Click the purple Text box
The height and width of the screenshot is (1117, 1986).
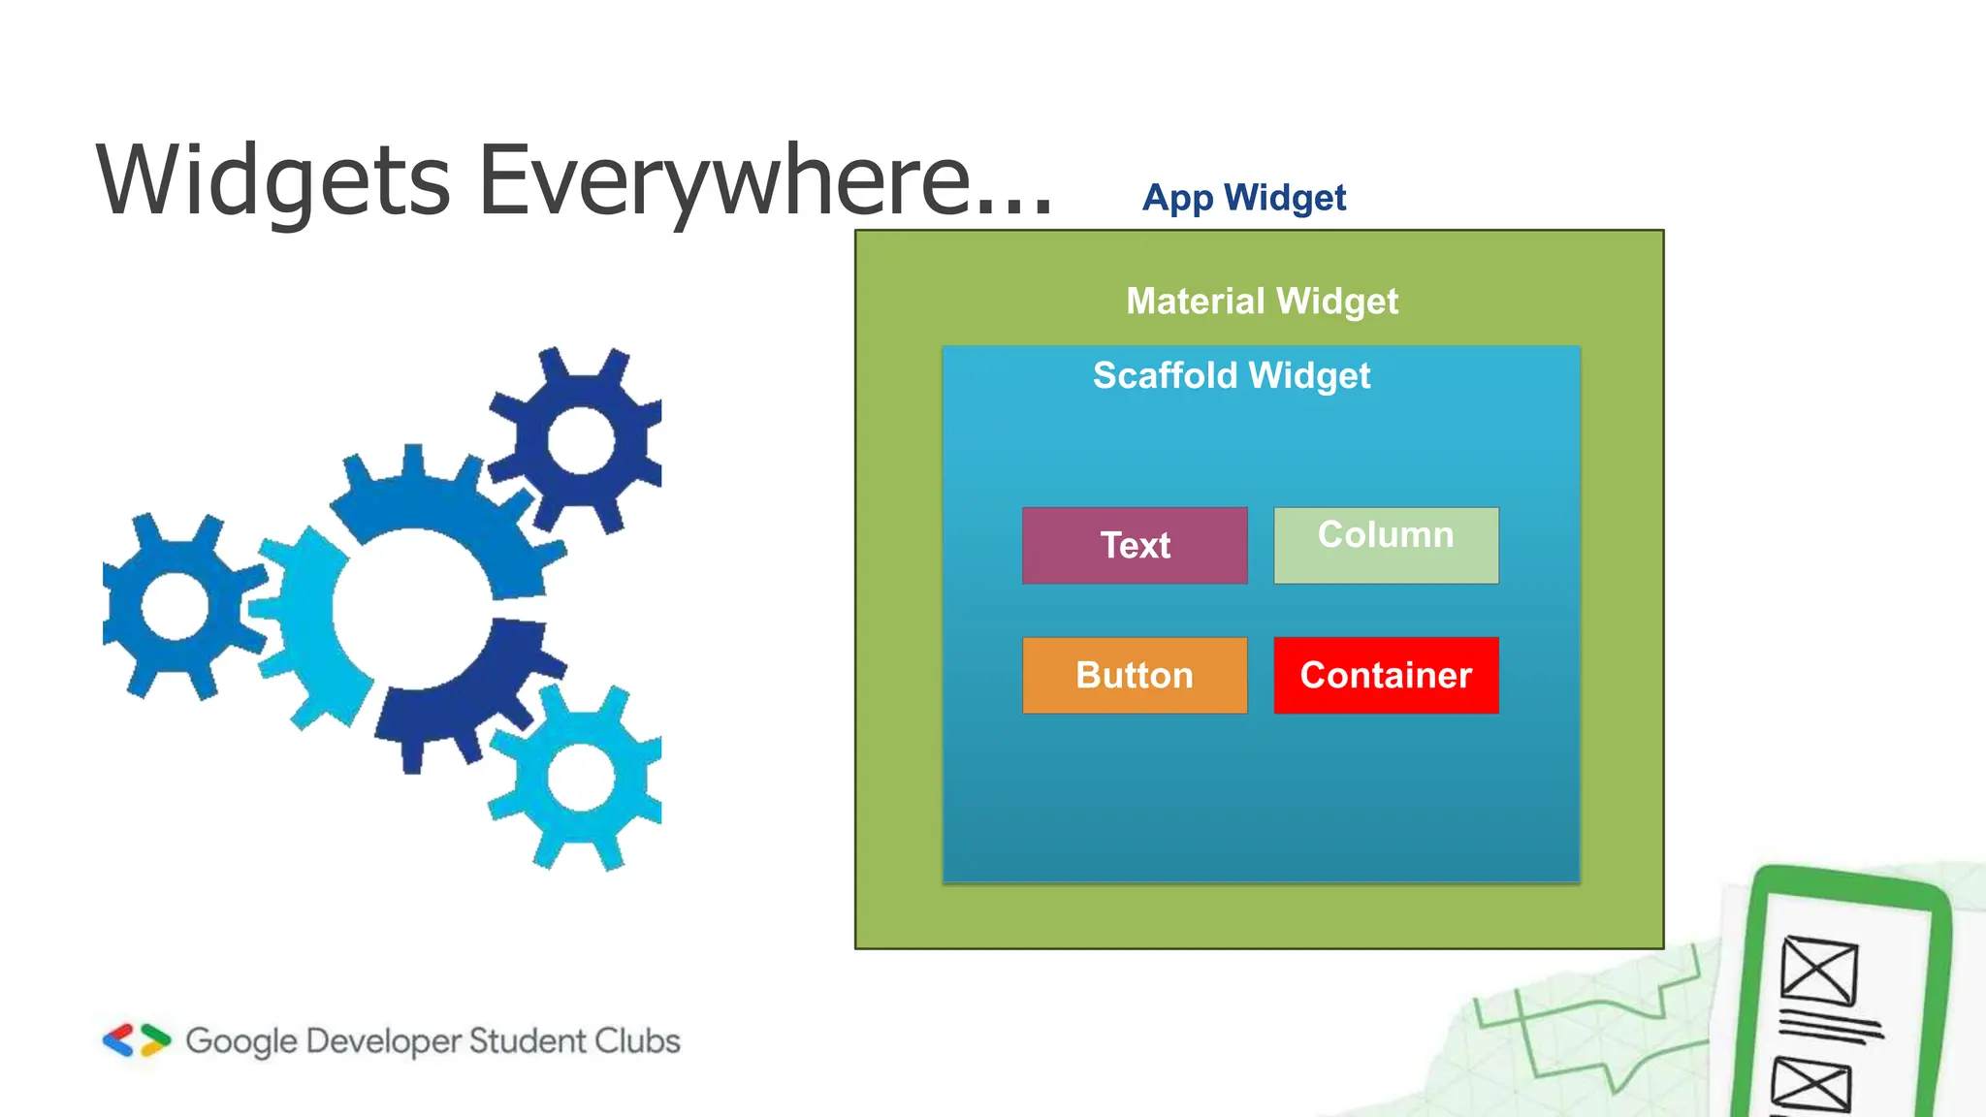click(1135, 545)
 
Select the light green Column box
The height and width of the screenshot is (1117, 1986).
click(1386, 545)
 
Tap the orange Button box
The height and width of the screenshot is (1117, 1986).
click(1135, 675)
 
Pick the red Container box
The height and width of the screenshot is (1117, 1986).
click(1386, 675)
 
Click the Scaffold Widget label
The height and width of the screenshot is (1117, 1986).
click(1232, 375)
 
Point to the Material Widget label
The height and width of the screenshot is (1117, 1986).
click(1262, 301)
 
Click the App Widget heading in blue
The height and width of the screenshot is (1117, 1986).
click(1244, 198)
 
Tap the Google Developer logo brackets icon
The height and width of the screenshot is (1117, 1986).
click(137, 1040)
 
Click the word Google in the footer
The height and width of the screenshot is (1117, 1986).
click(241, 1041)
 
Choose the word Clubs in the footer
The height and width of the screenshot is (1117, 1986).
click(637, 1040)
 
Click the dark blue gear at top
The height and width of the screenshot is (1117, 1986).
click(580, 440)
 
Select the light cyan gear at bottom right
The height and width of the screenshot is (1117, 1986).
click(580, 778)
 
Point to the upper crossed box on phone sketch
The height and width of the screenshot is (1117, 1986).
click(1819, 970)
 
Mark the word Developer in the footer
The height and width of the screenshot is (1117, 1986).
click(383, 1041)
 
